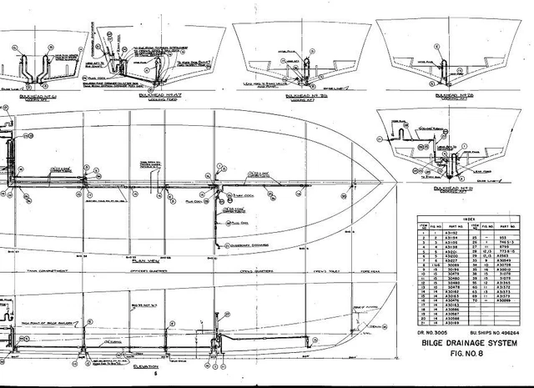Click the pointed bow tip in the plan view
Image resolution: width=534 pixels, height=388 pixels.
[404, 183]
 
